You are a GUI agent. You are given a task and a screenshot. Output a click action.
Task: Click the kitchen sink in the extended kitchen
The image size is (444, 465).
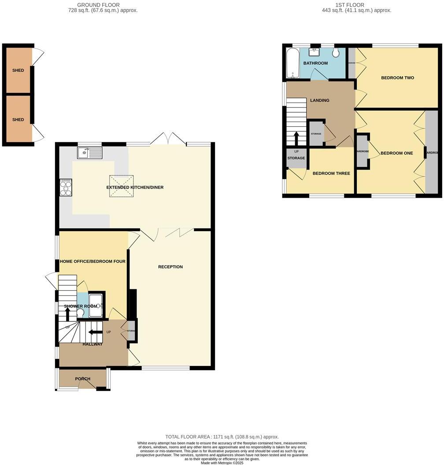coord(89,153)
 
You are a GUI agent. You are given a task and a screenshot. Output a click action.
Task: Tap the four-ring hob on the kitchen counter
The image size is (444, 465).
coord(66,187)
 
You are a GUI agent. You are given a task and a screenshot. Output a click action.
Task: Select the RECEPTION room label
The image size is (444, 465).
coord(170,267)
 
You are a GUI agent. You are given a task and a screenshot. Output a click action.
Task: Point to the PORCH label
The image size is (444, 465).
coord(82,379)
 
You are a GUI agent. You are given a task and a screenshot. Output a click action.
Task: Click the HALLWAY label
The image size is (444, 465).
coord(92,344)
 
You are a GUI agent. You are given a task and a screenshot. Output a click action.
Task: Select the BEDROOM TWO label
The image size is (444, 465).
coord(397,78)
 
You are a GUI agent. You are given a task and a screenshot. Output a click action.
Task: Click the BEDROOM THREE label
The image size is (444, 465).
coord(331,173)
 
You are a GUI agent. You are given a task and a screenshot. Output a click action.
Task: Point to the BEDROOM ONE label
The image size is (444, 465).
coord(396,153)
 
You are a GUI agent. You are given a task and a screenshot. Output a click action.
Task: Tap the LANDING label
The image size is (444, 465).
coord(320,100)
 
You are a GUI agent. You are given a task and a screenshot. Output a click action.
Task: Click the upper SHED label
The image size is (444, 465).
coord(18,70)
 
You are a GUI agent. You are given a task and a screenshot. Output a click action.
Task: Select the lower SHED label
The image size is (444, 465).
coord(18,120)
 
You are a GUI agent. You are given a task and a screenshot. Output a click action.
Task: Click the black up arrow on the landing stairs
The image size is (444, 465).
coord(296,138)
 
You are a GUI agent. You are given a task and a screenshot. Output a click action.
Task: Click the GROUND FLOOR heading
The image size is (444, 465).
coord(103,5)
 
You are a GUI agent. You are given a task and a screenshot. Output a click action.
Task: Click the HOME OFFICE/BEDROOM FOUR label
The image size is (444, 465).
coord(93,262)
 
